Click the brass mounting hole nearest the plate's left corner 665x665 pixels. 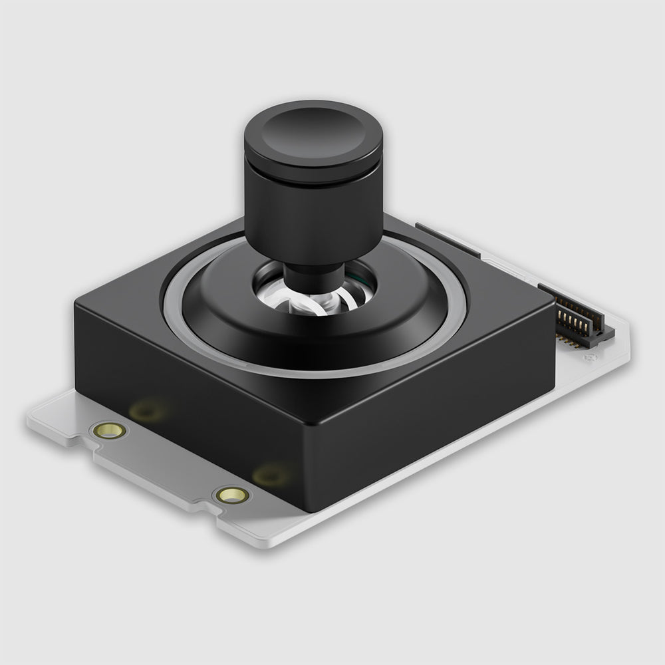click(109, 430)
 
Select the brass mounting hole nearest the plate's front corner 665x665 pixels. click(233, 494)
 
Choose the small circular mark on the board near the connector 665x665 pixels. click(589, 358)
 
